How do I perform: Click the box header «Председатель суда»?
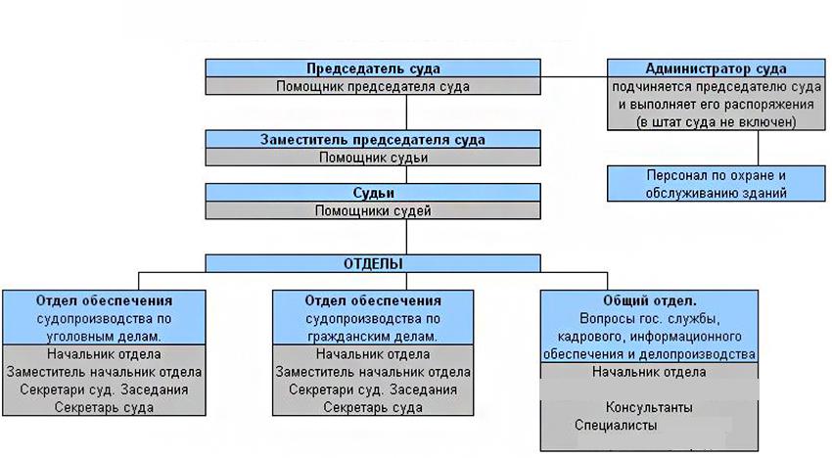372,69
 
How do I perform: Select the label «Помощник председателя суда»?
372,86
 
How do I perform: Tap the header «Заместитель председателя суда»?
372,139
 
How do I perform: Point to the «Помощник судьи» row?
372,157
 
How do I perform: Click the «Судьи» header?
372,193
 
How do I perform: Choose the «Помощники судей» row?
372,210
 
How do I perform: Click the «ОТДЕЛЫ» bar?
372,263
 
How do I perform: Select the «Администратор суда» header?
716,69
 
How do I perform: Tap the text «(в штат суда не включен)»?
716,121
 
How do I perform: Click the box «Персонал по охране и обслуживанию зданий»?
716,184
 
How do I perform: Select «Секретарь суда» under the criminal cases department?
104,407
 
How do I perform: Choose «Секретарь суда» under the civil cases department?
373,407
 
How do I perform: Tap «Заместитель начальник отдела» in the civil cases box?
373,372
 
